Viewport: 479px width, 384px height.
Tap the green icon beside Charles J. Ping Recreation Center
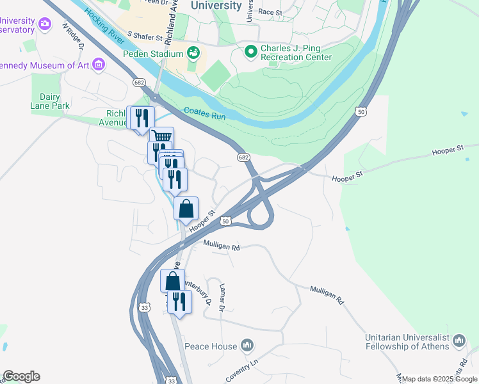(250, 50)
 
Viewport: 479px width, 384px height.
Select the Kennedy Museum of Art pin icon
(98, 64)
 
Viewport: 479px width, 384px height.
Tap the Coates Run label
(204, 113)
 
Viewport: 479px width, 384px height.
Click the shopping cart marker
(161, 136)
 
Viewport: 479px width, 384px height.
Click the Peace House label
(211, 346)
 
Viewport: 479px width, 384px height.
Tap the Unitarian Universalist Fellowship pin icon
(459, 341)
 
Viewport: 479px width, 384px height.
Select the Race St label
(270, 12)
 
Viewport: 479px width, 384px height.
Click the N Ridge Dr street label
(73, 36)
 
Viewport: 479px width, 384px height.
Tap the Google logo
(21, 376)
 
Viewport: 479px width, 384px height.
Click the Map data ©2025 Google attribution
(439, 379)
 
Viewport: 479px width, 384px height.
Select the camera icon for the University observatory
(44, 24)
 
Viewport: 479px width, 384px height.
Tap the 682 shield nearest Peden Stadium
(139, 83)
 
